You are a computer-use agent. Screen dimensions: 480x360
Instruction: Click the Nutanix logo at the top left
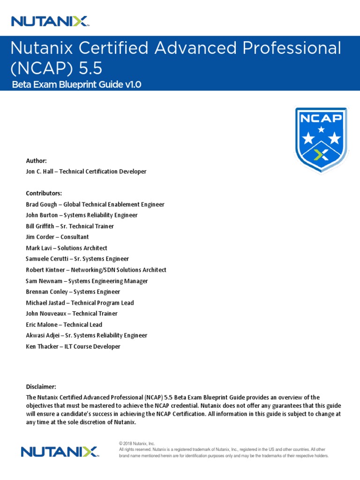point(50,21)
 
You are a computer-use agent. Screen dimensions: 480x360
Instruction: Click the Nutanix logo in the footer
point(59,451)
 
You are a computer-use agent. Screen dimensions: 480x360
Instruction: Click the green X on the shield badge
point(321,155)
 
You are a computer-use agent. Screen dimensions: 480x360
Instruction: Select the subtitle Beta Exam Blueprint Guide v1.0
point(75,84)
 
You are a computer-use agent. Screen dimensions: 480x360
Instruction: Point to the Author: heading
point(36,161)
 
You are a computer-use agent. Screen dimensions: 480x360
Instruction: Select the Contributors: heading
point(44,193)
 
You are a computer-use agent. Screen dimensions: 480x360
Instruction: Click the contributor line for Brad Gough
point(95,204)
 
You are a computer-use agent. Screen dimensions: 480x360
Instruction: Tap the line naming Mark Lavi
point(66,248)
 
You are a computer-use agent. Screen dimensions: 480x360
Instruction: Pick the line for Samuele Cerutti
point(77,259)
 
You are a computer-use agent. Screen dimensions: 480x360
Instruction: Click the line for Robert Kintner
point(96,270)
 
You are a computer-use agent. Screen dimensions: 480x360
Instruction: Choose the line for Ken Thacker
point(73,346)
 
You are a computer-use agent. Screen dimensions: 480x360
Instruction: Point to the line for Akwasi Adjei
point(86,336)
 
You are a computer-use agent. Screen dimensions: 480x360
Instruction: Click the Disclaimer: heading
point(41,387)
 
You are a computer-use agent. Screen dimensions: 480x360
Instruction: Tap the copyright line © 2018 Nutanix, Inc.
point(137,443)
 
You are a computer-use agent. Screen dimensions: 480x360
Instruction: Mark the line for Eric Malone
point(64,324)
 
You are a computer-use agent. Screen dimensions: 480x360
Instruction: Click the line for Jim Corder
point(57,237)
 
